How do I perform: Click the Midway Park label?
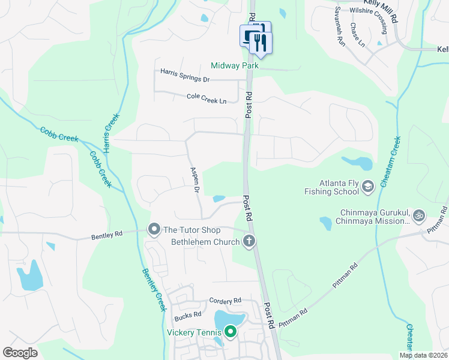click(x=234, y=65)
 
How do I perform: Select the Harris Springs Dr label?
click(x=185, y=75)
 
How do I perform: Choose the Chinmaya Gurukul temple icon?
click(x=419, y=214)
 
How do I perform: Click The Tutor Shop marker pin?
click(x=154, y=229)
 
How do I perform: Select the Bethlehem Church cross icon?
click(x=249, y=242)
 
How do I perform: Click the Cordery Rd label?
click(x=225, y=300)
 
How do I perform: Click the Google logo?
click(x=20, y=352)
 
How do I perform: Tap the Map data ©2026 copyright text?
click(x=423, y=355)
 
